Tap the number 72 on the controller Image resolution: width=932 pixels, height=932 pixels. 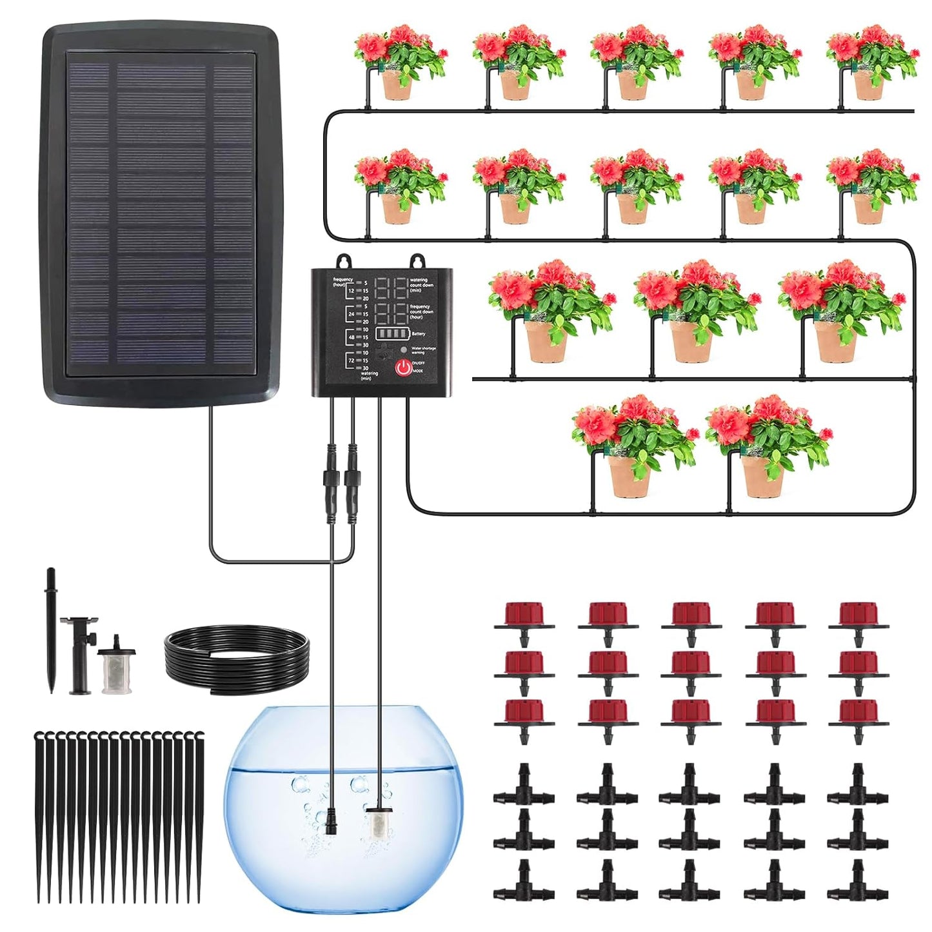coord(352,361)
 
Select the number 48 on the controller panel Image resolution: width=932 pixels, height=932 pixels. coord(352,337)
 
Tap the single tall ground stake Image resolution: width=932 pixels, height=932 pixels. coord(50,629)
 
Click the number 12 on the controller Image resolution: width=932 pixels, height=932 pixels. coord(352,291)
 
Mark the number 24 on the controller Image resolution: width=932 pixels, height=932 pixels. coord(352,314)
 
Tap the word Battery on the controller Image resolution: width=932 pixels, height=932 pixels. coord(419,334)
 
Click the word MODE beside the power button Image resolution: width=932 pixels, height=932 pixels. coord(419,372)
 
